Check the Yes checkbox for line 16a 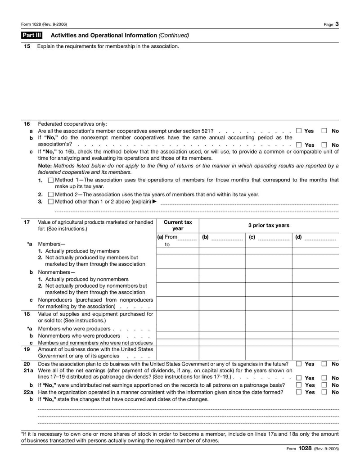299,131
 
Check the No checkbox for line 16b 324,145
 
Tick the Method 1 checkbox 50,180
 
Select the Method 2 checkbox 50,195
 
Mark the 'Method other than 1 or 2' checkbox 50,202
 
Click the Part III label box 31,35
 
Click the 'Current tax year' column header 178,226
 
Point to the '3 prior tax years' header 269,226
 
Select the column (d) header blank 320,237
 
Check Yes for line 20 299,364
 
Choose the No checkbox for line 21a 324,378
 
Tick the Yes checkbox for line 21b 299,385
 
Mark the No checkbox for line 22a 324,393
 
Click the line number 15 27,46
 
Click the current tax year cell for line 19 178,352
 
